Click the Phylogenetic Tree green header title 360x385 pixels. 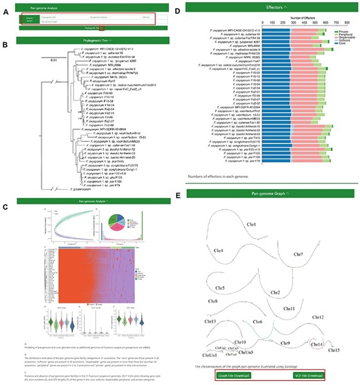tap(93, 40)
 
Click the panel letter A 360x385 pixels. tap(5, 5)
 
